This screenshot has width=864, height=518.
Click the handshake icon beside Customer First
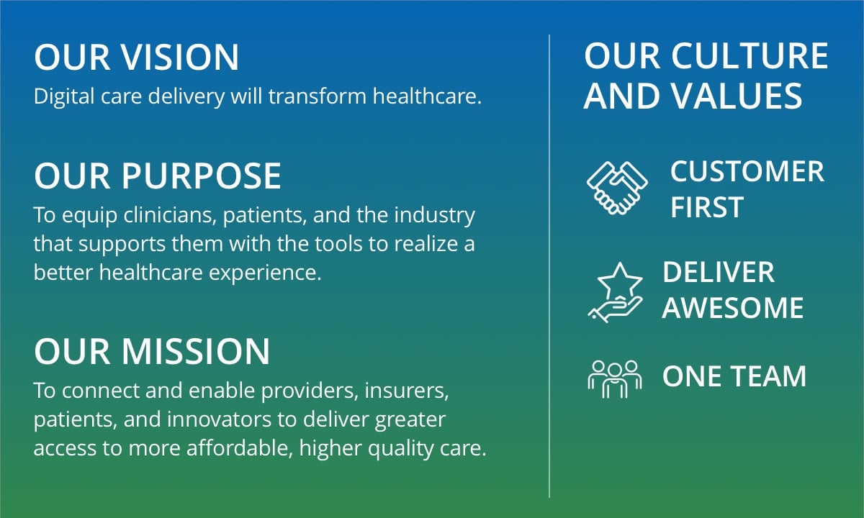[617, 188]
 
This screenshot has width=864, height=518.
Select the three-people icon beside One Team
[615, 379]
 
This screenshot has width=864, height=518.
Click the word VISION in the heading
[181, 57]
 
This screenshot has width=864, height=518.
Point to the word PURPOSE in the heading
[202, 176]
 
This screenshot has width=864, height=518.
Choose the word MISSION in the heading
[196, 351]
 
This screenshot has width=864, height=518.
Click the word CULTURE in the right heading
[750, 55]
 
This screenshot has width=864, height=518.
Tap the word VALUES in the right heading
[737, 95]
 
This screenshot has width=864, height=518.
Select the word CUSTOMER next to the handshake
[747, 171]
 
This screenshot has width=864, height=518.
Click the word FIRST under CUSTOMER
[707, 207]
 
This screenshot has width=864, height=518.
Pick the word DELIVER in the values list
[719, 272]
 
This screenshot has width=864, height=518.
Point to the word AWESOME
[733, 308]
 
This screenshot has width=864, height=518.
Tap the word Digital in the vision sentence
[64, 96]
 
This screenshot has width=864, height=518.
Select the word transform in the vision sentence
[317, 96]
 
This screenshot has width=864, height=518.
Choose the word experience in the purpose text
[265, 273]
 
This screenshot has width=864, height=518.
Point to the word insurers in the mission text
[407, 391]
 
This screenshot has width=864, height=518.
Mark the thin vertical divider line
[549, 266]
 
